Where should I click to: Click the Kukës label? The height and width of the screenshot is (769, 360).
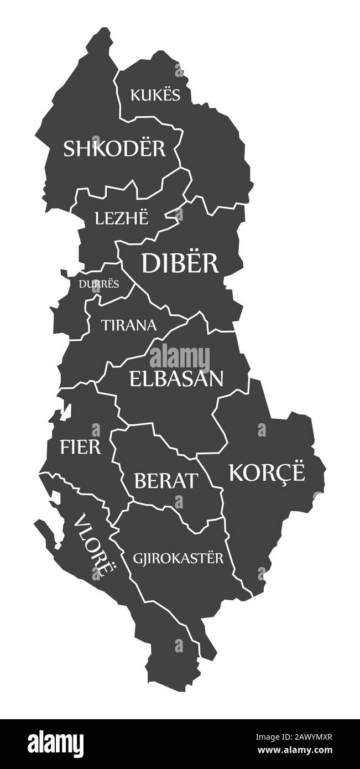[155, 95]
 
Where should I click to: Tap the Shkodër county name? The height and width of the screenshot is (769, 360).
[114, 148]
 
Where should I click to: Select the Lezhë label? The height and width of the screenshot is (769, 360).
[122, 218]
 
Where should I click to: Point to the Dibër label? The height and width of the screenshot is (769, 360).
[180, 263]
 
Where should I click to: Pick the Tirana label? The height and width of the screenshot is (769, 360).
[129, 325]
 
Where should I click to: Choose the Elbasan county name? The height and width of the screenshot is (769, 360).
[176, 378]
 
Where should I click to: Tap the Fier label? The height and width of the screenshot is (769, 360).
[81, 446]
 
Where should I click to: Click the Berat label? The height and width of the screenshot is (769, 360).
[165, 480]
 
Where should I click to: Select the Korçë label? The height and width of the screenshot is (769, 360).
[267, 473]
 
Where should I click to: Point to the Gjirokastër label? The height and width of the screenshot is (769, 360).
[178, 558]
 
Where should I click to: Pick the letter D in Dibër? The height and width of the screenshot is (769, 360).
[152, 263]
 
